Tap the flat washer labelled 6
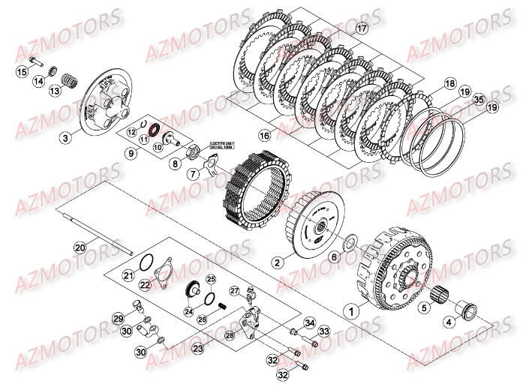coord(350,244)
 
